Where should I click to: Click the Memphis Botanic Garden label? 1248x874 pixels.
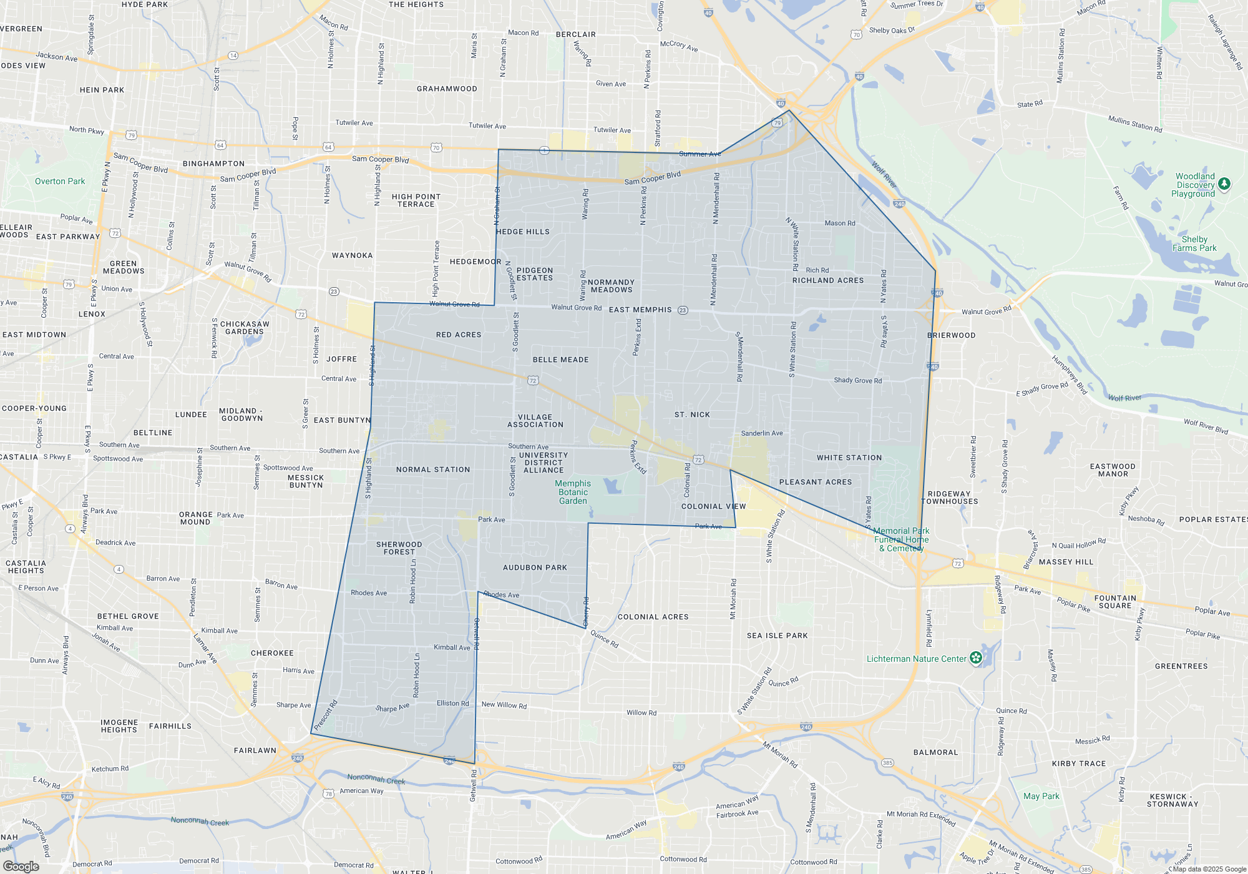pyautogui.click(x=573, y=492)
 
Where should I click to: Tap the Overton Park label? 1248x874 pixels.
pyautogui.click(x=60, y=182)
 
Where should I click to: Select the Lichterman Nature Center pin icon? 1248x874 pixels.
pyautogui.click(x=976, y=658)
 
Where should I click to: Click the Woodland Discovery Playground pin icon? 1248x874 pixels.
pyautogui.click(x=1224, y=184)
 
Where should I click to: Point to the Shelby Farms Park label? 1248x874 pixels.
pyautogui.click(x=1194, y=243)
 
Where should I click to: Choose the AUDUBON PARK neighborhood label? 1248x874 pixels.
pyautogui.click(x=535, y=567)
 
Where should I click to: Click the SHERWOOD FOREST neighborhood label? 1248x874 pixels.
pyautogui.click(x=399, y=548)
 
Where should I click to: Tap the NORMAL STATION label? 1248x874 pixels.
pyautogui.click(x=433, y=469)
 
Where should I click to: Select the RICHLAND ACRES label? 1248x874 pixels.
pyautogui.click(x=828, y=280)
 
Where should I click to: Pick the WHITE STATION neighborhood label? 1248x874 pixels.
pyautogui.click(x=849, y=458)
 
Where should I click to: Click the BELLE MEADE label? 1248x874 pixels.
pyautogui.click(x=560, y=360)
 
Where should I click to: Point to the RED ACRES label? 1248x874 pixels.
pyautogui.click(x=459, y=335)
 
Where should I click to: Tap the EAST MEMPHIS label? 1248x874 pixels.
pyautogui.click(x=640, y=310)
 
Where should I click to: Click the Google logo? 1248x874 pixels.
pyautogui.click(x=21, y=867)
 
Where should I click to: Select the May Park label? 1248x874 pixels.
pyautogui.click(x=1041, y=796)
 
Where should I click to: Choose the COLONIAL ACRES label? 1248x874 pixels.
pyautogui.click(x=653, y=617)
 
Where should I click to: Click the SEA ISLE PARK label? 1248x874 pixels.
pyautogui.click(x=777, y=636)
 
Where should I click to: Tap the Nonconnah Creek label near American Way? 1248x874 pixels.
pyautogui.click(x=376, y=779)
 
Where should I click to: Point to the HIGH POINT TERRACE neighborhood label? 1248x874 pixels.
pyautogui.click(x=416, y=200)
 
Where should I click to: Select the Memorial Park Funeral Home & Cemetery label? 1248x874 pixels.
pyautogui.click(x=901, y=539)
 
